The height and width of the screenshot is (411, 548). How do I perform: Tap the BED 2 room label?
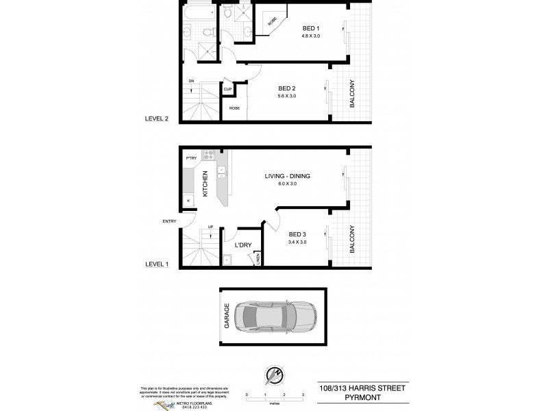(288, 89)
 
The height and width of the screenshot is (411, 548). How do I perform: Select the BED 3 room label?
(297, 234)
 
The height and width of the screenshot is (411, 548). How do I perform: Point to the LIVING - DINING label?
(288, 176)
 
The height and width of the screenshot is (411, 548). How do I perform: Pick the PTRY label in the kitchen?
(191, 159)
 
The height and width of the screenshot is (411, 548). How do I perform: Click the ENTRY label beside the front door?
(169, 221)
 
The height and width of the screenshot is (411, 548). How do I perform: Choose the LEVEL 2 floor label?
(156, 118)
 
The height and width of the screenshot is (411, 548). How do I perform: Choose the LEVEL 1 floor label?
(156, 263)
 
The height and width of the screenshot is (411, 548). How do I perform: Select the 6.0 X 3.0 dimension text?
(288, 184)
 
